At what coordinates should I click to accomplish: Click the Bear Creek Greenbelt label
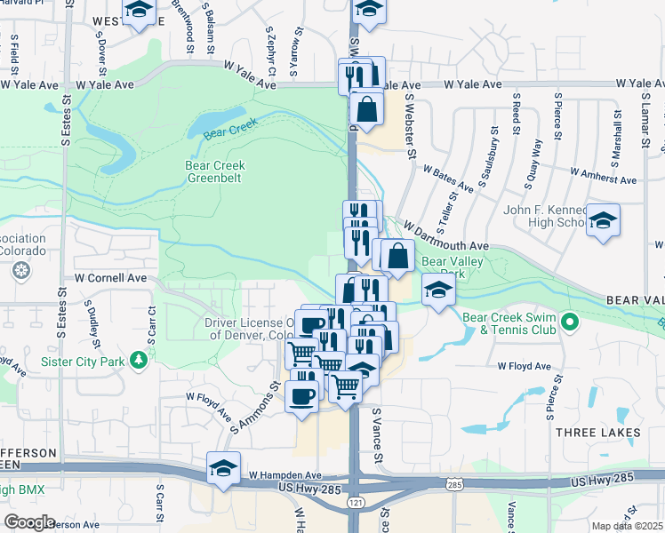click(x=215, y=171)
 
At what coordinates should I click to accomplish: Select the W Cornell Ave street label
click(x=110, y=277)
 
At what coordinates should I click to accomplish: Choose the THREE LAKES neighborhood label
click(x=597, y=432)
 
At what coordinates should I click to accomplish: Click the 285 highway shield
click(x=455, y=484)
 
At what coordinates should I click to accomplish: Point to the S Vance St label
click(x=377, y=435)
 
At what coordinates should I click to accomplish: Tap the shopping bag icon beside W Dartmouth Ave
click(x=399, y=256)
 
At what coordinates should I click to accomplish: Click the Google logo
click(x=29, y=521)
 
